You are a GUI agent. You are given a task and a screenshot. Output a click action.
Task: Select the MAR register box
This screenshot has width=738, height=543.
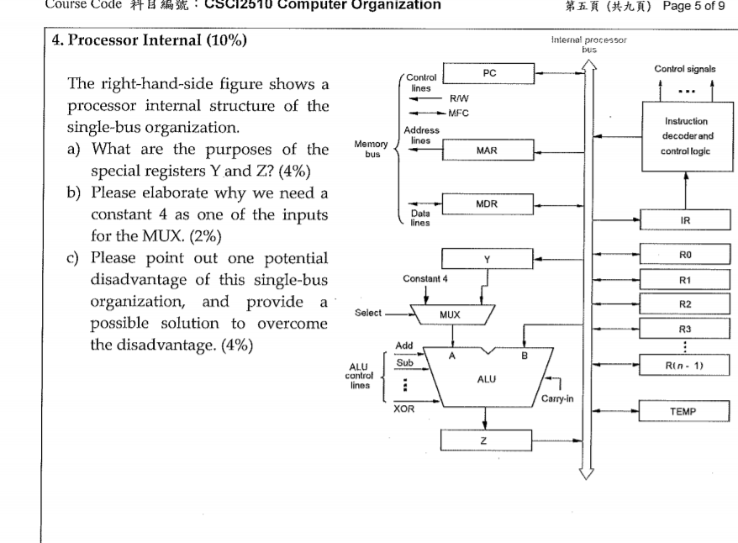click(488, 151)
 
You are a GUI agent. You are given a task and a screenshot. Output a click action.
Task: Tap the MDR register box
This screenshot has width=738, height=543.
click(488, 203)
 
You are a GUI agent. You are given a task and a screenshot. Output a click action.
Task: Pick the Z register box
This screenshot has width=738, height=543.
click(487, 440)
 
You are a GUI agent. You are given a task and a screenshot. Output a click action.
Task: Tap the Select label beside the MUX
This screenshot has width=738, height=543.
click(368, 313)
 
